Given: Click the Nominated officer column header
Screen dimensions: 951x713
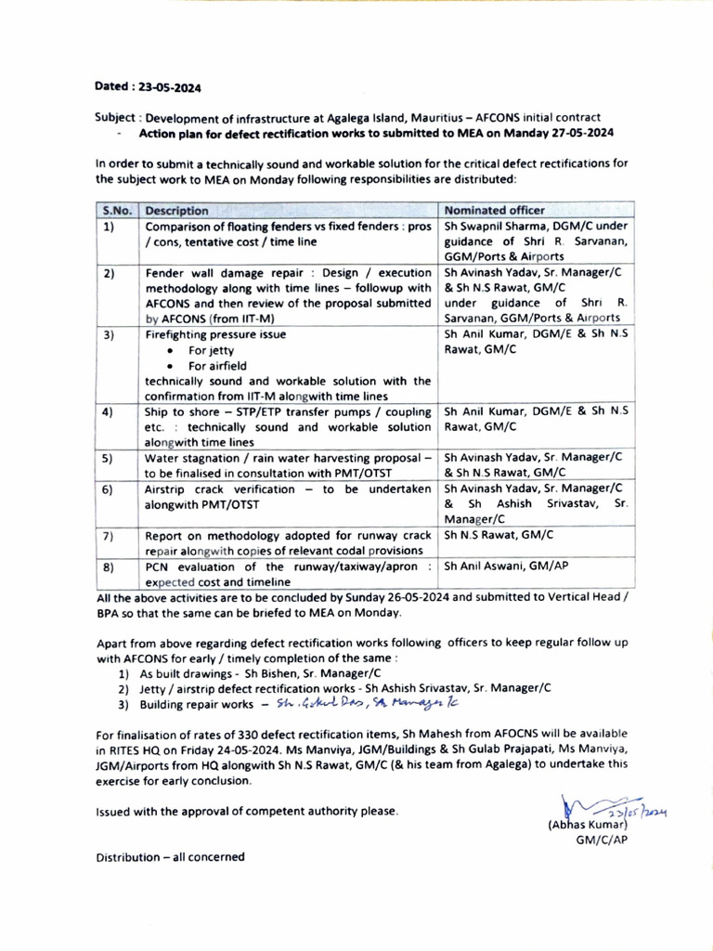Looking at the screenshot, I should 495,210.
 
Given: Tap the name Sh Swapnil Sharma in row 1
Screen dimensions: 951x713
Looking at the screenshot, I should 496,226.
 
